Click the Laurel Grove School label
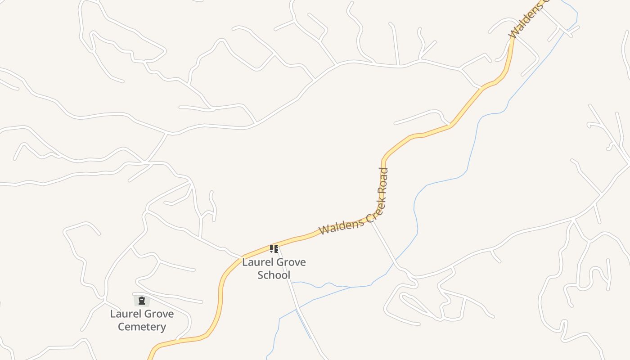pos(274,268)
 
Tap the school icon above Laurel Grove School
pos(274,248)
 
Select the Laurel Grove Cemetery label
pos(142,320)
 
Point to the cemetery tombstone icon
pos(142,301)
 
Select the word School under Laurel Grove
pos(274,275)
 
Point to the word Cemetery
pos(142,327)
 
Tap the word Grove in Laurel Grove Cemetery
pos(158,314)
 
